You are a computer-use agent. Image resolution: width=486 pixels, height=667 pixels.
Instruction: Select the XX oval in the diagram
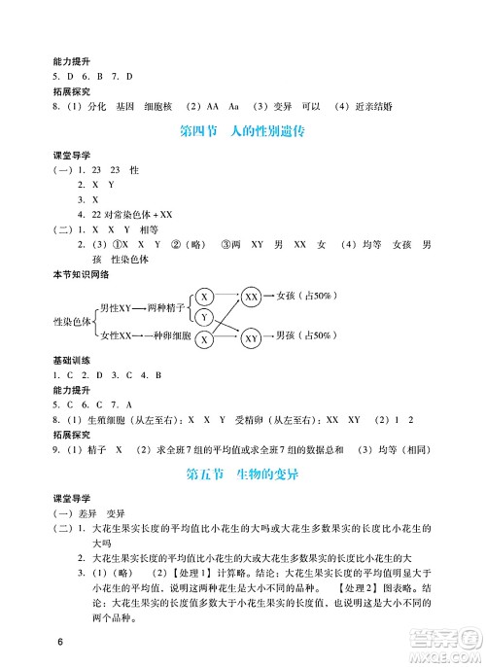[x=251, y=297]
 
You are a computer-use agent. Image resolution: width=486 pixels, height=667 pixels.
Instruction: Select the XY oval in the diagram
[x=251, y=338]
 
